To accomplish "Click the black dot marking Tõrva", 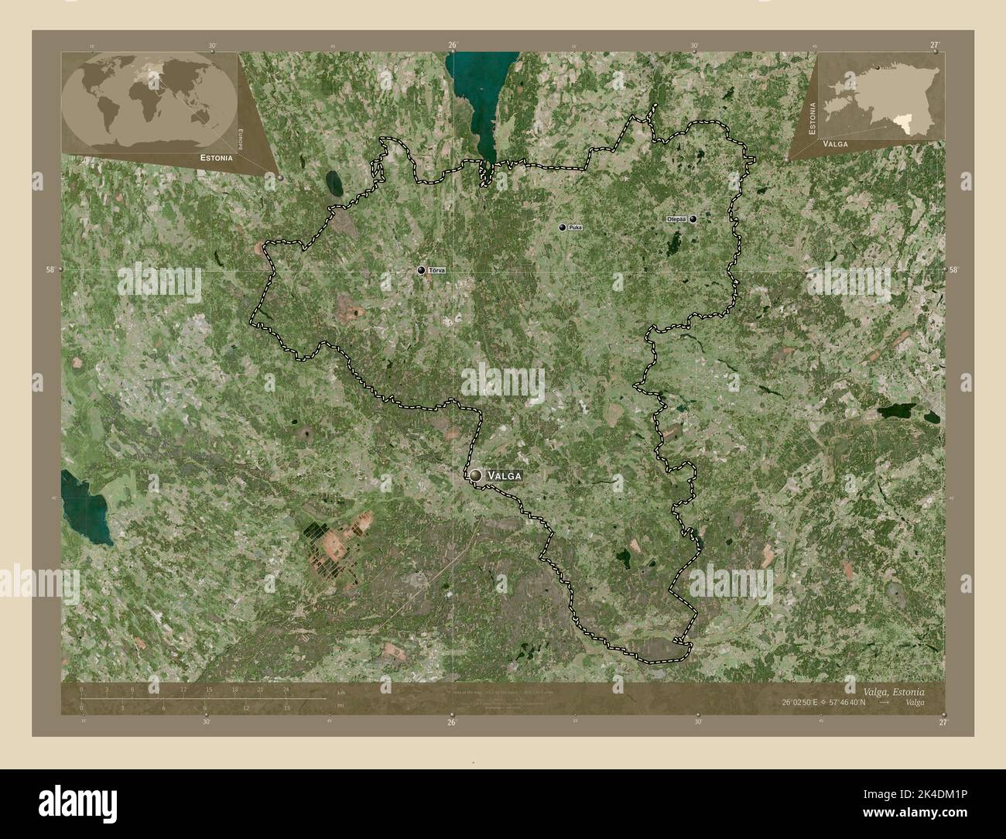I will (421, 270).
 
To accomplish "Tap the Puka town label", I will (574, 228).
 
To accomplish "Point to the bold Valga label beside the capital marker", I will (504, 475).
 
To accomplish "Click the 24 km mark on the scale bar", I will (286, 690).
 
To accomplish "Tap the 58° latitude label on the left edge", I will (50, 270).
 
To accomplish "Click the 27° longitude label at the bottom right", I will (942, 722).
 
